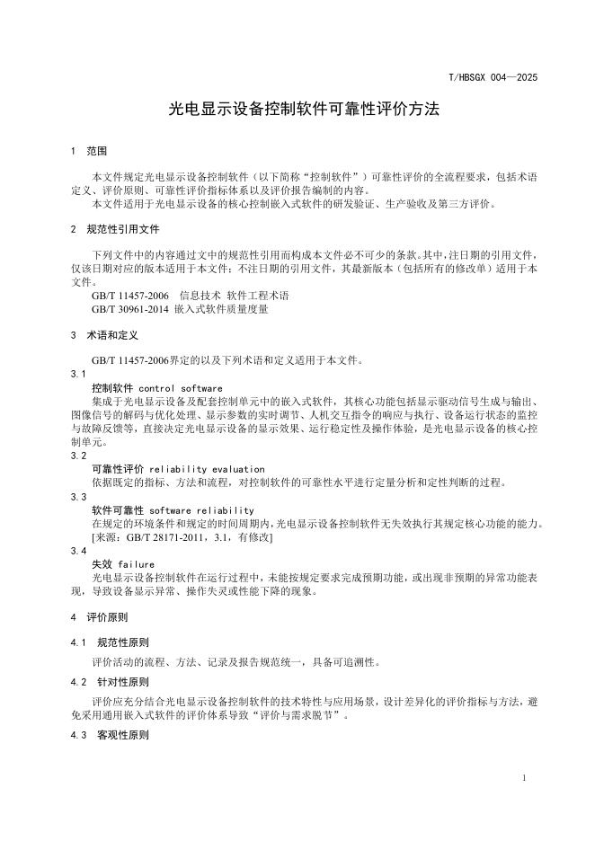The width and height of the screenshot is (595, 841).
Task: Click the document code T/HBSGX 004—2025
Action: [x=493, y=79]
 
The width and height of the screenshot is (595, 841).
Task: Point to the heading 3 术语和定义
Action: [x=104, y=335]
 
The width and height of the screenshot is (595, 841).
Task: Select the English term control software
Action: [x=177, y=388]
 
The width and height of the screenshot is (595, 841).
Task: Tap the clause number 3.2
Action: [x=78, y=456]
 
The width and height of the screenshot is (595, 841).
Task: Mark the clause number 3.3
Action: [x=78, y=496]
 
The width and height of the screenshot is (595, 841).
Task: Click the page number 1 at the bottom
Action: [x=523, y=776]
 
